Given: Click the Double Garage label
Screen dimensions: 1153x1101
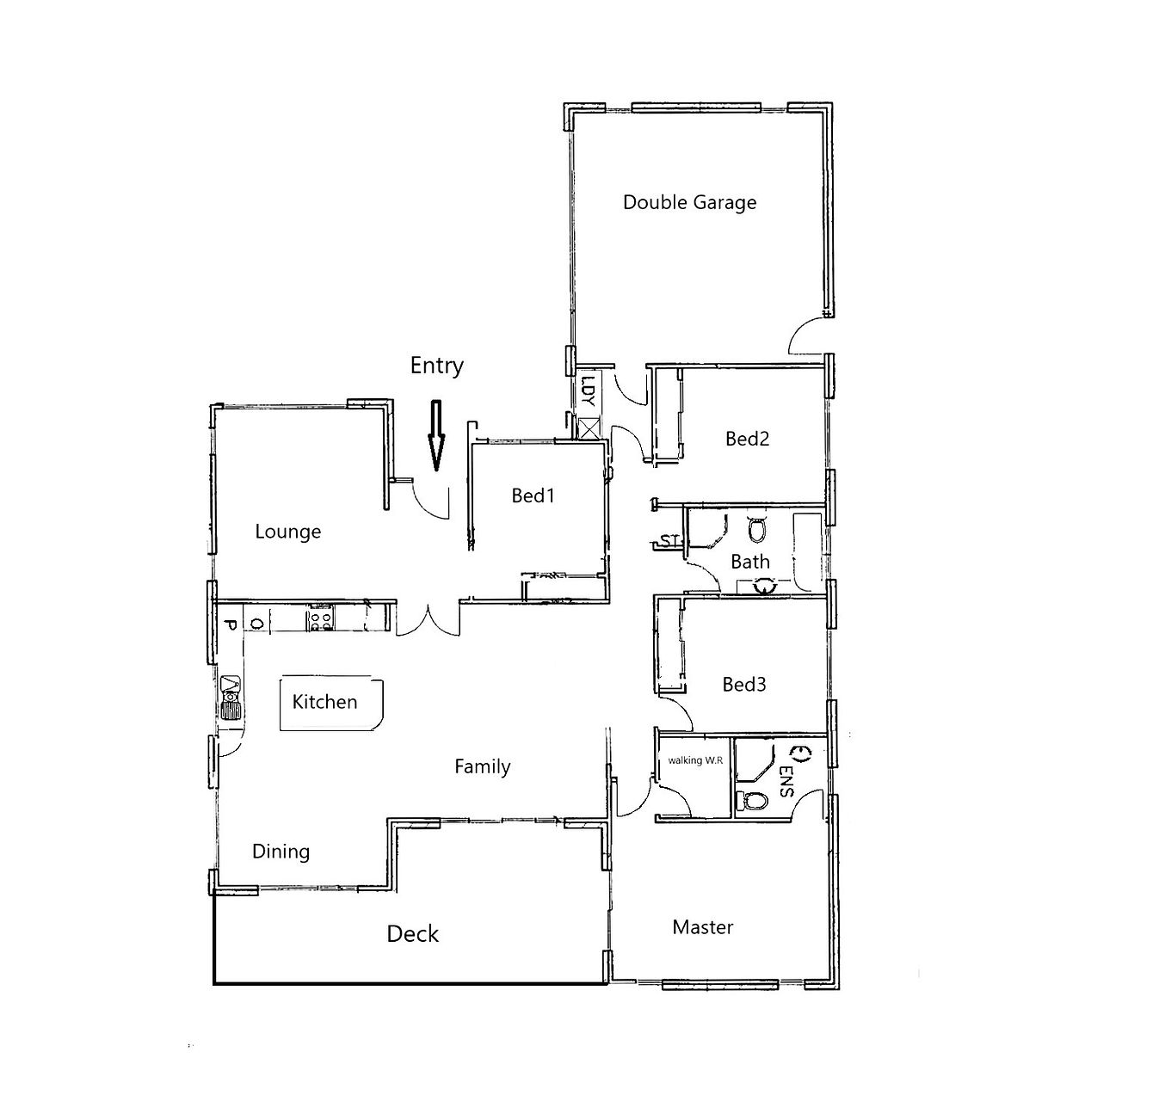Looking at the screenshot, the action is pos(689,202).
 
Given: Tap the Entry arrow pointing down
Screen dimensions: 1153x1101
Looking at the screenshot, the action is pos(436,435).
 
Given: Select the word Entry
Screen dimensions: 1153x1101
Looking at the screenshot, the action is pos(436,366).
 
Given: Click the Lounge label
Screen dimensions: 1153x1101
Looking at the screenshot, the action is pos(288,532).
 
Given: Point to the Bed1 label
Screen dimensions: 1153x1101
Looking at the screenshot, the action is pos(533,495).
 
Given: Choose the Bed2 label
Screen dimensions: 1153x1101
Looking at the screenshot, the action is pos(747,439).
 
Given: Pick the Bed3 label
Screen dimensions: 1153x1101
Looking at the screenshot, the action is pos(744,685).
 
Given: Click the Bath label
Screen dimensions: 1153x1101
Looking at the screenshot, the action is pos(750,562).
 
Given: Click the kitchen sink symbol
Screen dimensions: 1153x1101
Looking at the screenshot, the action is pos(231,698).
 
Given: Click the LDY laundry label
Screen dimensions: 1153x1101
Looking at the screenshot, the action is pos(588,391).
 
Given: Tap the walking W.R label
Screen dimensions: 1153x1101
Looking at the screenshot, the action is pos(695,760).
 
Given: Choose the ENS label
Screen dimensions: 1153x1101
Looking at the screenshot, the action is pos(786,781).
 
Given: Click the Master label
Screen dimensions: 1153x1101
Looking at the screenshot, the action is pos(703,927).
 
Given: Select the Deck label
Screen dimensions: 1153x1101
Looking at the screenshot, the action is pos(412,934).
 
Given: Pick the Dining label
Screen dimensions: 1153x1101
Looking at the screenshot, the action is pos(281,852).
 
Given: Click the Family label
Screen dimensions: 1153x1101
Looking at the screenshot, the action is pos(483,767).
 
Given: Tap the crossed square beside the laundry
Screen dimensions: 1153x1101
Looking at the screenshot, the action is pos(590,428).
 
